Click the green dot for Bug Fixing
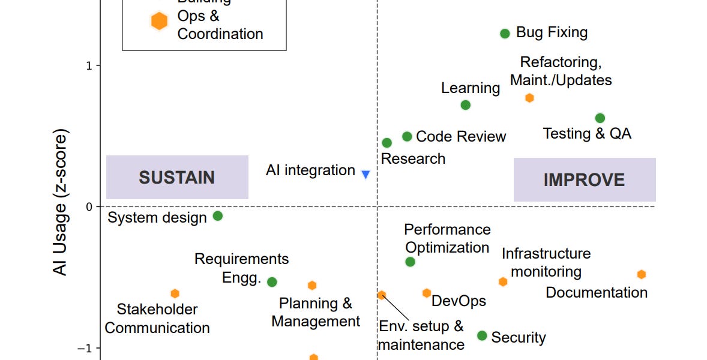click(x=505, y=34)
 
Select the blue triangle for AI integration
click(x=366, y=175)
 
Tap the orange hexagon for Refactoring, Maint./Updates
click(x=529, y=98)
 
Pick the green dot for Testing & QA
click(x=600, y=118)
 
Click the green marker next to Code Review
click(x=407, y=137)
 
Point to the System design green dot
click(x=218, y=216)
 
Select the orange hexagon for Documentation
click(x=641, y=274)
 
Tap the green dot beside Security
click(x=482, y=335)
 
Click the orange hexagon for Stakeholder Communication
click(x=175, y=293)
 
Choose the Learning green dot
click(x=465, y=105)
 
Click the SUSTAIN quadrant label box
click(x=177, y=178)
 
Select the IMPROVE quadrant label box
click(x=584, y=179)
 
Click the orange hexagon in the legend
click(x=159, y=21)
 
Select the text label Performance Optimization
click(x=447, y=238)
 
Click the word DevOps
click(x=459, y=301)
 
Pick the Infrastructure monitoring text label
click(x=546, y=262)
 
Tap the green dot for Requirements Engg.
click(x=272, y=282)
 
